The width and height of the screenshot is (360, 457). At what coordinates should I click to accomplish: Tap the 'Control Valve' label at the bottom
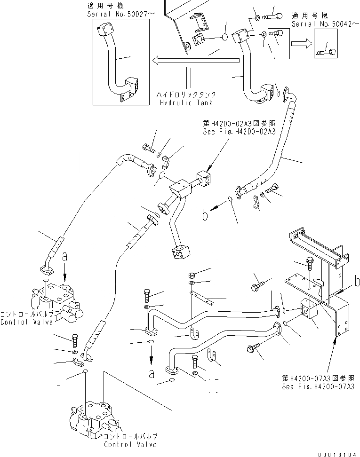(x=130, y=444)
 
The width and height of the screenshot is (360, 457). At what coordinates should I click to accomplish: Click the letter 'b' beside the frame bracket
(x=357, y=282)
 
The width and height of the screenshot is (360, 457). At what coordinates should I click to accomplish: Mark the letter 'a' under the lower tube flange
(x=151, y=374)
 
